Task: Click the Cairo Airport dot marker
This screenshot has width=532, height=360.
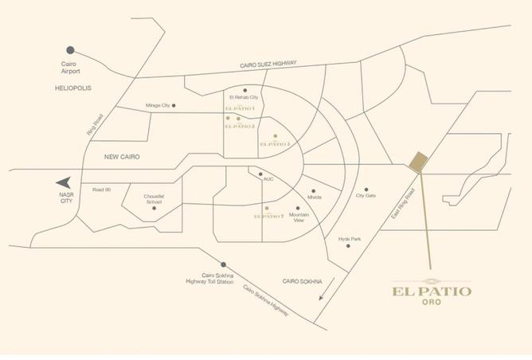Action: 70,49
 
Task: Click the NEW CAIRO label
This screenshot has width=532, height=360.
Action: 122,157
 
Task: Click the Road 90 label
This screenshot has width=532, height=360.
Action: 101,189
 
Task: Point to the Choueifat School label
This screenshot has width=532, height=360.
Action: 154,199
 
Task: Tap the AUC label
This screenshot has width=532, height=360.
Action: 268,179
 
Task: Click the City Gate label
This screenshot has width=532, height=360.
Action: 366,196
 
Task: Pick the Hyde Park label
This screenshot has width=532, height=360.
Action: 350,239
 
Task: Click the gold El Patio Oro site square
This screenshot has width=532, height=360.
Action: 419,162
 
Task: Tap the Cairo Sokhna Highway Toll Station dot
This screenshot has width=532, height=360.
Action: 224,264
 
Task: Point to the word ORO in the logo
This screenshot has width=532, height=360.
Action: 430,302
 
